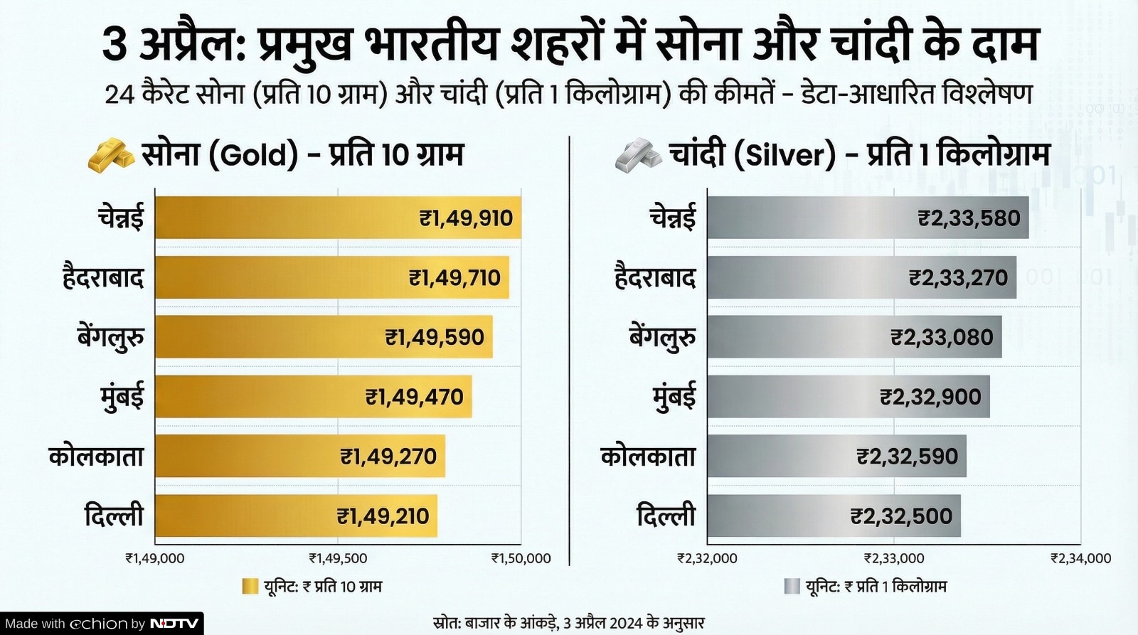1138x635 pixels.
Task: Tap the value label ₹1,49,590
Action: click(435, 337)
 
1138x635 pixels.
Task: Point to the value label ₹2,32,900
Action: click(930, 397)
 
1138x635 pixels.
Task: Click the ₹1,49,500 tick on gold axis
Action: click(338, 559)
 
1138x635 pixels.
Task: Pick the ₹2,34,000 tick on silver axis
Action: click(1081, 559)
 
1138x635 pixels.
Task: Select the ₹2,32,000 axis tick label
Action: click(707, 559)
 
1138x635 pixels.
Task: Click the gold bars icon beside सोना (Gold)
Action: click(110, 155)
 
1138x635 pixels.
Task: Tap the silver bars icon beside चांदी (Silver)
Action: click(638, 155)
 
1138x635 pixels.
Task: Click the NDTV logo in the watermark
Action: click(174, 624)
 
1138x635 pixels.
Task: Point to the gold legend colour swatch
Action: click(250, 587)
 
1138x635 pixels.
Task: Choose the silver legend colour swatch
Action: click(792, 587)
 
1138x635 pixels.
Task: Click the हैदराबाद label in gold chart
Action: click(103, 277)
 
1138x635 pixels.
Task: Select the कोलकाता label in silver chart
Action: click(648, 457)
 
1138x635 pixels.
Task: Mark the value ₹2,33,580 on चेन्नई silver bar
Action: click(969, 218)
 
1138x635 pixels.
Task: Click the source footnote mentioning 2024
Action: click(568, 624)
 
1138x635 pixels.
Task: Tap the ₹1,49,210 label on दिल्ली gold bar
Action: click(383, 516)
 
